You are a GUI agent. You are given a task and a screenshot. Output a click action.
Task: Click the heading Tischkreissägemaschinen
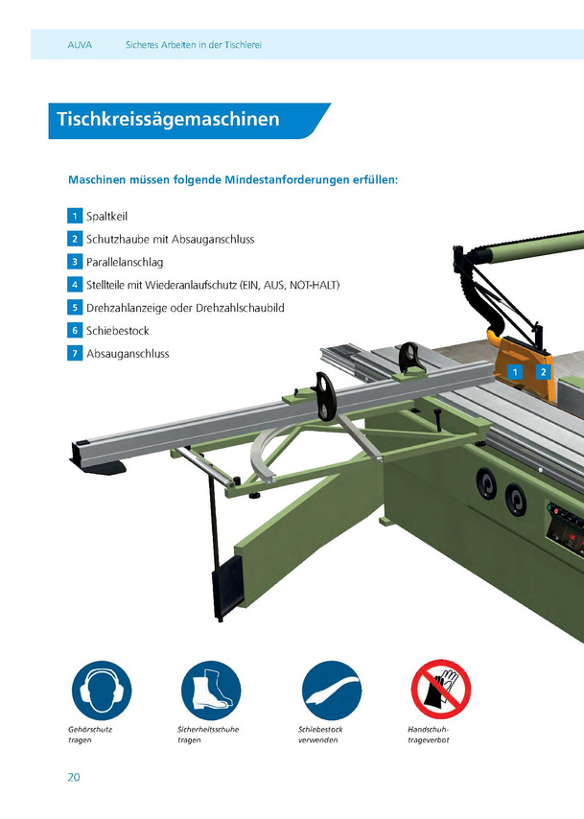coord(168,119)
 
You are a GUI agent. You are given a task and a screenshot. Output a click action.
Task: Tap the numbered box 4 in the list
coord(75,285)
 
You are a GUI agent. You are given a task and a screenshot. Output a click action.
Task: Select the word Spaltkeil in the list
coord(106,216)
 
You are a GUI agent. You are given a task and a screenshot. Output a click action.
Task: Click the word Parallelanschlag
coord(125,262)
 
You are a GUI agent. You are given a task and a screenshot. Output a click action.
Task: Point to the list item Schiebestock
coord(118,331)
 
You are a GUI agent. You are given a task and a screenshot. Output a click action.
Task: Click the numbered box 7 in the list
coord(75,354)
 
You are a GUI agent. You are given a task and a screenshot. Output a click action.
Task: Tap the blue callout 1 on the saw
coord(515,372)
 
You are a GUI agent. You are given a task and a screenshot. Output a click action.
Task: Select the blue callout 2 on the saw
coord(544,372)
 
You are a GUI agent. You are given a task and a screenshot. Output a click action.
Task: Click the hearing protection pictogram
coord(102,690)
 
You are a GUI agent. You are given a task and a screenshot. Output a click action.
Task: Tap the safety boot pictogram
coord(211,690)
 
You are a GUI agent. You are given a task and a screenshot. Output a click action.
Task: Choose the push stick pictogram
coord(332,690)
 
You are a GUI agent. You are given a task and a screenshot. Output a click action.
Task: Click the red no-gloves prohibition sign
coord(441,690)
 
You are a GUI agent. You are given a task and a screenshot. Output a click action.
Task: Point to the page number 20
coord(74,777)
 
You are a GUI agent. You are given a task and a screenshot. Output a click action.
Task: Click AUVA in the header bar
coord(80,45)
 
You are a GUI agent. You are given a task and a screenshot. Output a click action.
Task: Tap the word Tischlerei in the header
coord(243,45)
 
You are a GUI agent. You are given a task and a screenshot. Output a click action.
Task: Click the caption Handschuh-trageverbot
coord(429,735)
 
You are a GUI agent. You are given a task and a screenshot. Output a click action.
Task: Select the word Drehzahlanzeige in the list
coord(127,308)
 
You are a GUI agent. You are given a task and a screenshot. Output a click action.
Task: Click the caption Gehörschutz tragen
coord(90,735)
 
